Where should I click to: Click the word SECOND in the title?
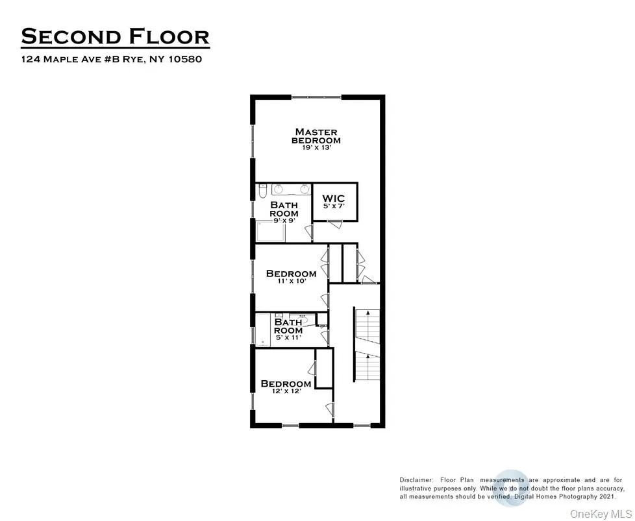(x=67, y=36)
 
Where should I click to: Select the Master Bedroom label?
(x=316, y=136)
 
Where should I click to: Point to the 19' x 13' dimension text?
(x=316, y=148)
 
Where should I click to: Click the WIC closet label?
(x=334, y=198)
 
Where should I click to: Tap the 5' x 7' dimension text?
(x=334, y=206)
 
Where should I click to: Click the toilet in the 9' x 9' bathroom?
(x=262, y=191)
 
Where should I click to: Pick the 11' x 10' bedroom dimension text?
(x=291, y=282)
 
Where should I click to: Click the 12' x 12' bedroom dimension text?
(x=286, y=391)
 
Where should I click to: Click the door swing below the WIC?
(x=334, y=224)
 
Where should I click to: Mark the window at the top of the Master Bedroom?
(x=316, y=97)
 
